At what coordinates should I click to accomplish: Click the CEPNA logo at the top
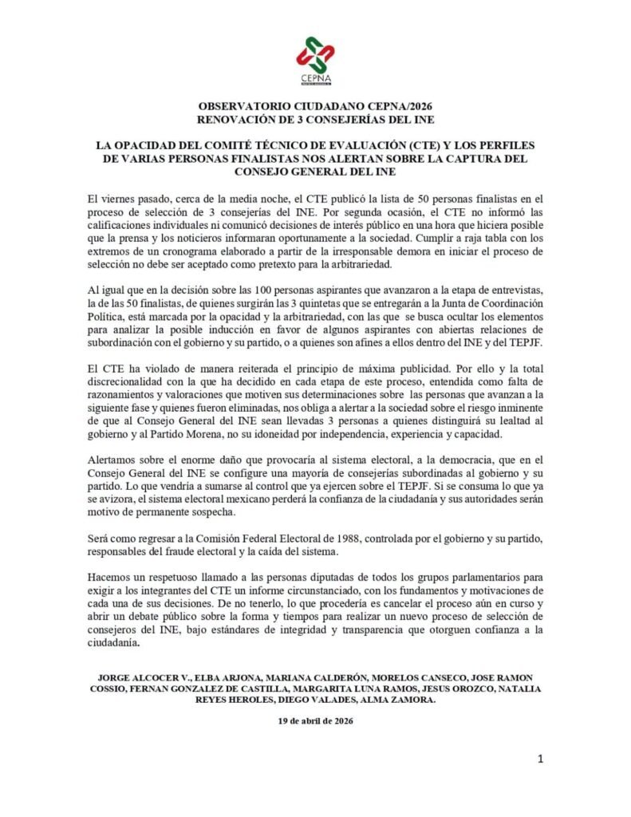[x=314, y=60]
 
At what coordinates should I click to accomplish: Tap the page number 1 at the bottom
[x=540, y=760]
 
